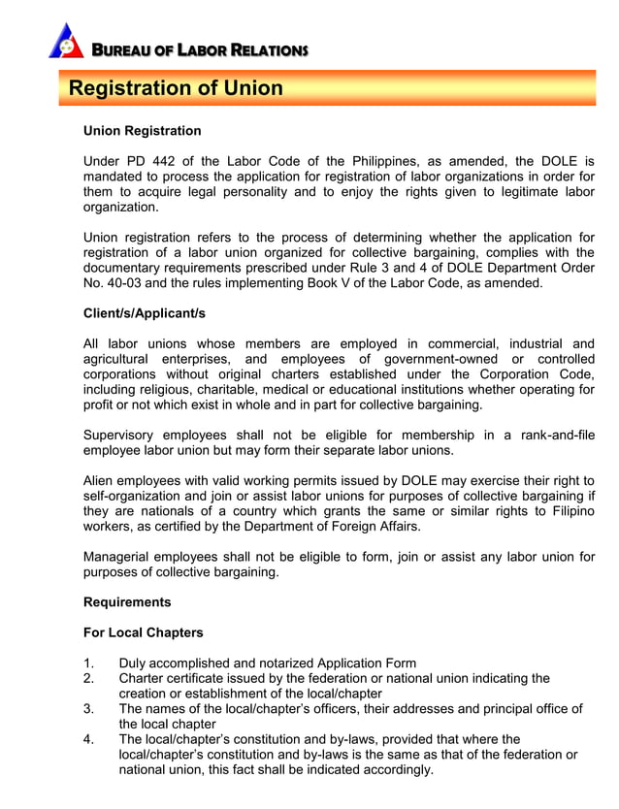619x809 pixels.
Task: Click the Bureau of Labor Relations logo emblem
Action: click(x=65, y=41)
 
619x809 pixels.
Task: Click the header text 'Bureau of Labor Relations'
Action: click(x=199, y=49)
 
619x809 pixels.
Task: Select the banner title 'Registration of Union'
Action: click(x=176, y=89)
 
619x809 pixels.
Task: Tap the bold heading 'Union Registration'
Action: click(x=143, y=131)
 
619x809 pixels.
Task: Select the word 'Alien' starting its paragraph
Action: click(x=101, y=480)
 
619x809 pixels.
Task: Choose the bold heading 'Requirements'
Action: click(x=127, y=602)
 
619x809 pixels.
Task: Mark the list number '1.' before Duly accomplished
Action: click(x=89, y=663)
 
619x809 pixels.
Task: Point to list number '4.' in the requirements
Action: click(x=89, y=739)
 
